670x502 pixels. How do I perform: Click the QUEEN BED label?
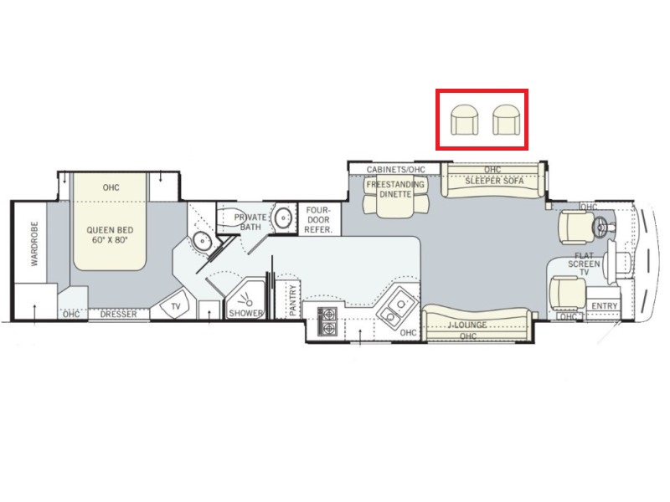(110, 231)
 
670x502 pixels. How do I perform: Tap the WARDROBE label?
(34, 243)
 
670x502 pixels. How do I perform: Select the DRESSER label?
(119, 315)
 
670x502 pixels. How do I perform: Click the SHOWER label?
(245, 313)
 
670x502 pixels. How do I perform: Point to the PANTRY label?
(292, 300)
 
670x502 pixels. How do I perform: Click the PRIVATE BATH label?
(250, 222)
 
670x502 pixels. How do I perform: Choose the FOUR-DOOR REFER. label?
(318, 220)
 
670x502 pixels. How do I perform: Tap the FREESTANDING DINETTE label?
(395, 189)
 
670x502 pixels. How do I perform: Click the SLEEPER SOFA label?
(494, 181)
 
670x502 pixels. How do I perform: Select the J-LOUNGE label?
(467, 325)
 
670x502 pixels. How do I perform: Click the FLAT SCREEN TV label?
(584, 264)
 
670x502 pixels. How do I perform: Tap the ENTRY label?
(605, 305)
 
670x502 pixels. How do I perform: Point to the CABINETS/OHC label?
(395, 170)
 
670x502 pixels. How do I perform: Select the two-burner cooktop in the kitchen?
(327, 321)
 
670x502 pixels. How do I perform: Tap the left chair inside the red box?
(465, 120)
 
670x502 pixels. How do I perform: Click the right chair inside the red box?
(507, 120)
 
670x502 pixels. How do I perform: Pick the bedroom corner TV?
(175, 305)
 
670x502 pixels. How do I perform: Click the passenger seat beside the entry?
(567, 295)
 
